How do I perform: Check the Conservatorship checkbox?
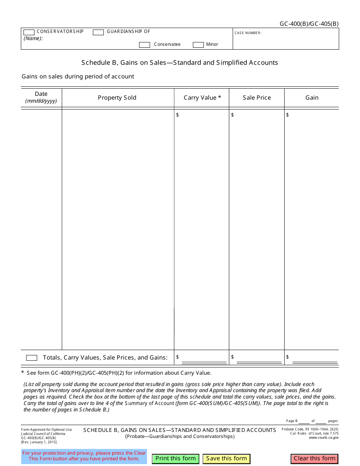(x=29, y=33)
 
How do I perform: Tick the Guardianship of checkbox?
(x=98, y=33)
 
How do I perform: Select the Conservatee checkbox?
(x=144, y=45)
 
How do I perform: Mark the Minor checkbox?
(x=198, y=45)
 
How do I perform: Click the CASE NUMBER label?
(x=248, y=33)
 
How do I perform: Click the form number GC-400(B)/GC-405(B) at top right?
(x=309, y=24)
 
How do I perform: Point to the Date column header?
(x=41, y=94)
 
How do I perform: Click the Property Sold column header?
(x=117, y=98)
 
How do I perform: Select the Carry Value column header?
(x=202, y=98)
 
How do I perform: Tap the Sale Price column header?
(x=257, y=98)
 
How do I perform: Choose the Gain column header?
(x=311, y=98)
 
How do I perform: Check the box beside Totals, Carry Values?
(x=31, y=358)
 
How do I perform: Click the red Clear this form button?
(x=314, y=458)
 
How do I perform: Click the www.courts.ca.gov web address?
(x=324, y=438)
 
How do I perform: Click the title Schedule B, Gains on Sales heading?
(x=180, y=63)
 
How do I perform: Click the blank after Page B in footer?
(x=304, y=421)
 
